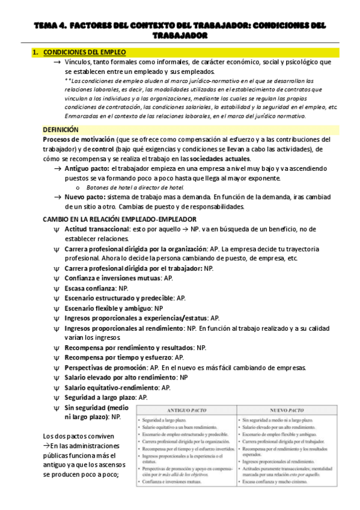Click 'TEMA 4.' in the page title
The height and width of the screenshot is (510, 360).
click(x=48, y=26)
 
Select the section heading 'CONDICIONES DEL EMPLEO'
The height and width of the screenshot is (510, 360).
click(x=84, y=53)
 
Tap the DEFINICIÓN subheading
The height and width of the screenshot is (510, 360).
click(x=61, y=129)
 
